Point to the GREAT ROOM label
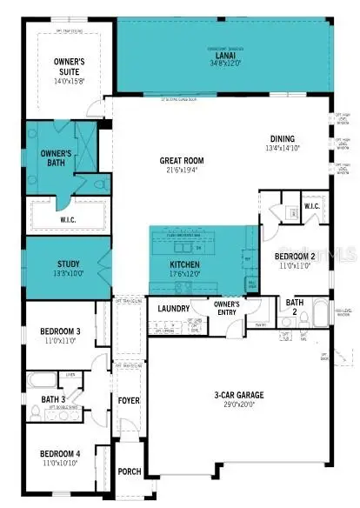pos(181,161)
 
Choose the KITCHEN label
pos(184,265)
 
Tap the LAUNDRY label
pos(174,308)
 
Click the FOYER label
pos(129,401)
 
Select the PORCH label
pos(129,472)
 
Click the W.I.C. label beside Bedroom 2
pos(313,206)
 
